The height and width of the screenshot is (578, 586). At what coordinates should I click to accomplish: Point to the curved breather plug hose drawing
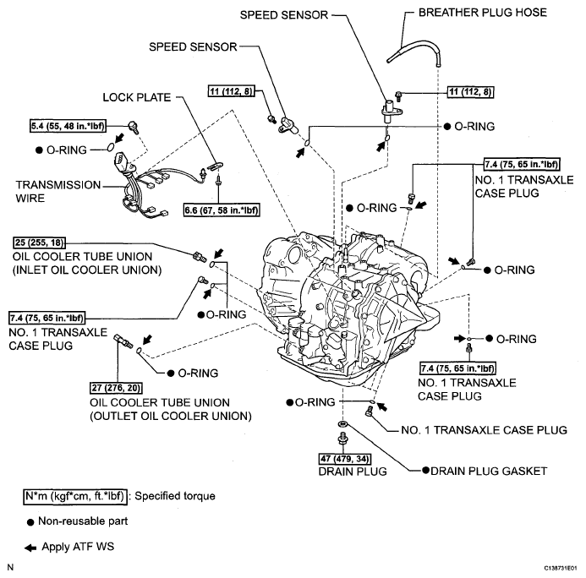pos(414,46)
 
